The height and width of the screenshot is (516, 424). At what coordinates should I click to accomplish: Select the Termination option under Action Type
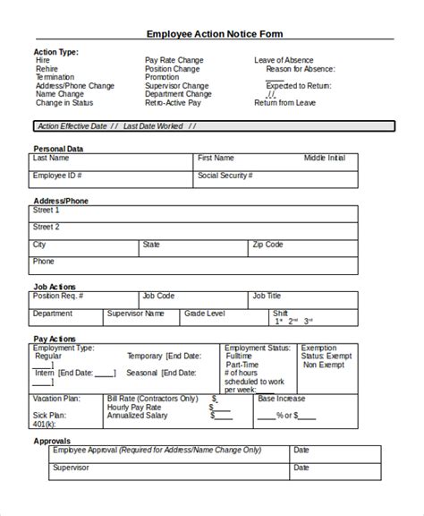tap(55, 77)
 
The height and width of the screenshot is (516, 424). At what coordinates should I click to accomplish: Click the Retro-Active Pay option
tap(172, 102)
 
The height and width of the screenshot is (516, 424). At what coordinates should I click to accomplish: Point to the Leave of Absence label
tap(284, 60)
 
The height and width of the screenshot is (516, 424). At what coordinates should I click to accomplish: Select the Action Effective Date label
tap(72, 126)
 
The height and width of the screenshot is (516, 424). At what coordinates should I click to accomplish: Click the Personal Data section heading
tap(59, 148)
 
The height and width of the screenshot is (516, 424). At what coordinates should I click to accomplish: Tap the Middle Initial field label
tap(324, 158)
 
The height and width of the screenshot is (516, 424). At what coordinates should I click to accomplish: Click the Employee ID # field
tap(57, 176)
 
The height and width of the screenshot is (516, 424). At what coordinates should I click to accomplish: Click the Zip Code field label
tap(267, 244)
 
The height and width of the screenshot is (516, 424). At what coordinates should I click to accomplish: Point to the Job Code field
tap(158, 295)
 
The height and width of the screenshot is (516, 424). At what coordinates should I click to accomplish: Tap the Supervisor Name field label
tap(136, 314)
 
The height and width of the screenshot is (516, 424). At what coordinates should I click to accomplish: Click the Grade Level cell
tap(206, 314)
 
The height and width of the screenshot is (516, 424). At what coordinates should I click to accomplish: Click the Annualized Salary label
tap(137, 416)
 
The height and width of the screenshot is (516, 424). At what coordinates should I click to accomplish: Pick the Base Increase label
tap(281, 398)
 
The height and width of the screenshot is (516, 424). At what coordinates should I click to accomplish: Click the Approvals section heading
tap(53, 442)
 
